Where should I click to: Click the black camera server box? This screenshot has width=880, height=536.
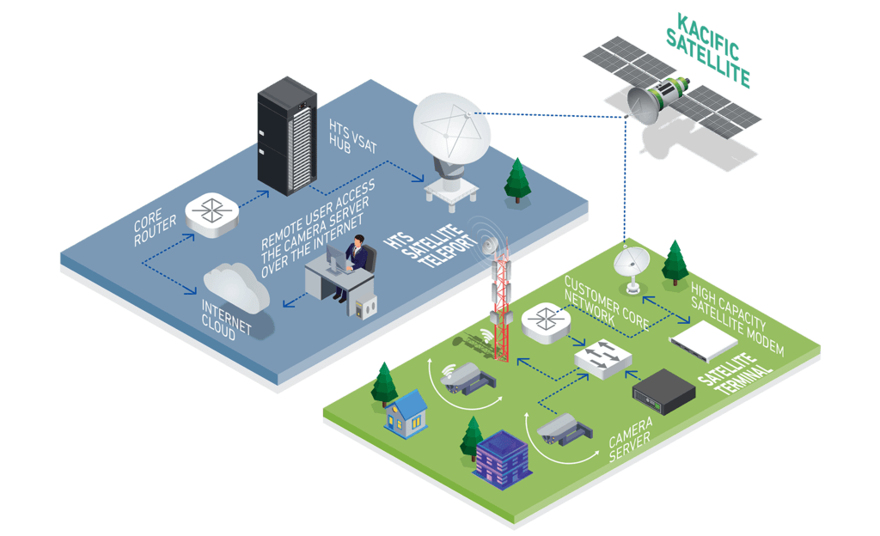coord(663,391)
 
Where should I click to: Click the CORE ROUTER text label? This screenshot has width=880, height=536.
coord(156,228)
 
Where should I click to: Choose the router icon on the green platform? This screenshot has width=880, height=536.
coord(544,325)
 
